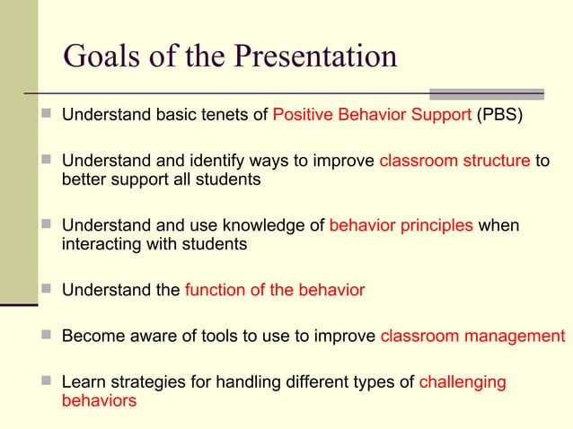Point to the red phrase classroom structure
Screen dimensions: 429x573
[454, 162]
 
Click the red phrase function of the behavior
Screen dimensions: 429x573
[275, 290]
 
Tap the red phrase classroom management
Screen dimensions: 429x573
[473, 337]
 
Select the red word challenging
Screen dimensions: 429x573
[463, 383]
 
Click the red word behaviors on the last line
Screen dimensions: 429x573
[99, 401]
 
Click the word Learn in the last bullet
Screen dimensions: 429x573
[83, 383]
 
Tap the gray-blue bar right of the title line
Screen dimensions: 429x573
[486, 93]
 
